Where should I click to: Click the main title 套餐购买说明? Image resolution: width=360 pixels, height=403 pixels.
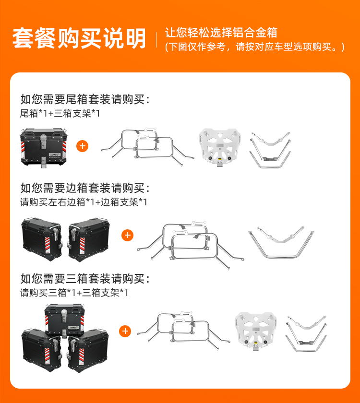pos(79,38)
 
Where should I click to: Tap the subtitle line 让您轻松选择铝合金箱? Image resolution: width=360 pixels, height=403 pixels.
pos(221,33)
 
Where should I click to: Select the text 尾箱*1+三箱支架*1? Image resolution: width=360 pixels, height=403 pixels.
pos(60,113)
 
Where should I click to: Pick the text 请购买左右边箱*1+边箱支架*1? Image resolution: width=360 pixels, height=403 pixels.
pos(84,202)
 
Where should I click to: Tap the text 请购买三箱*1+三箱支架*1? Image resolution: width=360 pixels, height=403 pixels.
pos(74,293)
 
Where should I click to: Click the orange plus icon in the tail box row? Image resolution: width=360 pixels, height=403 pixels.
pos(82,146)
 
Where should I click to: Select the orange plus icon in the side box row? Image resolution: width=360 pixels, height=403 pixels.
pos(127,235)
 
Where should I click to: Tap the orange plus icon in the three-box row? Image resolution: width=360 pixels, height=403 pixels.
pos(125,331)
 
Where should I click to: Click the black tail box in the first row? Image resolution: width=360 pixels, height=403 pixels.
pos(44,148)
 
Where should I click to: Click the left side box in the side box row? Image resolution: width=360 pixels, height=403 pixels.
pos(42,239)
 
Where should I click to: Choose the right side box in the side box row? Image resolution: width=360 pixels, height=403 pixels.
pos(89,239)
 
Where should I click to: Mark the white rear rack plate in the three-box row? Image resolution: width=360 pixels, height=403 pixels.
pos(256,331)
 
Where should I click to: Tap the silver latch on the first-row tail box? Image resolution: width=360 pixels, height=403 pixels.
pos(44,142)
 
